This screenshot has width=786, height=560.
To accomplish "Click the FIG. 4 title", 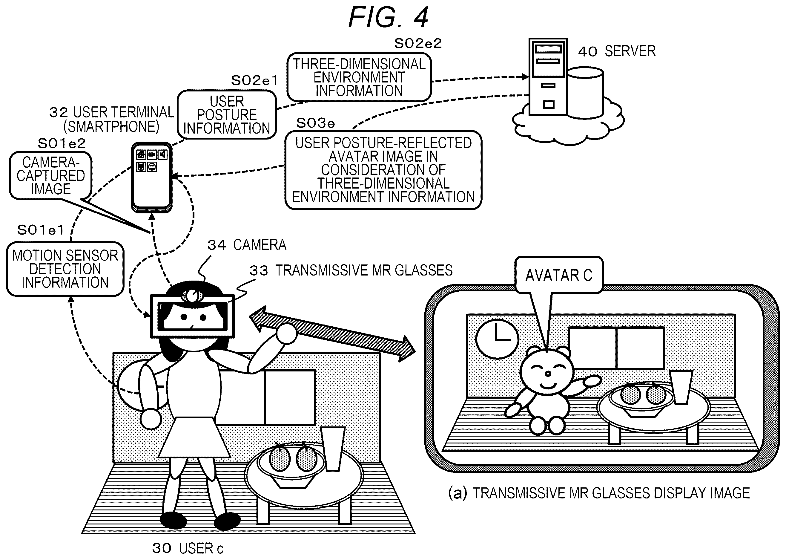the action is [388, 17].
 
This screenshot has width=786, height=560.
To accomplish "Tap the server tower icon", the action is [548, 76].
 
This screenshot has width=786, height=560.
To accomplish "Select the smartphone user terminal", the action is [152, 177].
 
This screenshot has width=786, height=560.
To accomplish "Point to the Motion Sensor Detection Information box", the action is [65, 269].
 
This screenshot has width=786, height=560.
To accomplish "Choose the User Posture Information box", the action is [227, 114].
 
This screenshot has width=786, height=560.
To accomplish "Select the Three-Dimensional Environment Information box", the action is [359, 77].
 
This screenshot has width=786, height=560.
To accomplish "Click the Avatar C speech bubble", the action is [558, 275].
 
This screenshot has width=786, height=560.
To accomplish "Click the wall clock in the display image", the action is [497, 339].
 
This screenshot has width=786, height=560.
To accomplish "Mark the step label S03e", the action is [316, 123].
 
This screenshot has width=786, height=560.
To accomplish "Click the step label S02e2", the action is [418, 43].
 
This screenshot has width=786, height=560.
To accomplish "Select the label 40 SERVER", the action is [617, 51].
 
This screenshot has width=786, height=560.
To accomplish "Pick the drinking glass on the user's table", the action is [332, 449].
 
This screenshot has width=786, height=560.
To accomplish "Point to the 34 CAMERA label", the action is [247, 245].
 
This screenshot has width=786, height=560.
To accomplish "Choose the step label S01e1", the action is [41, 230].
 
